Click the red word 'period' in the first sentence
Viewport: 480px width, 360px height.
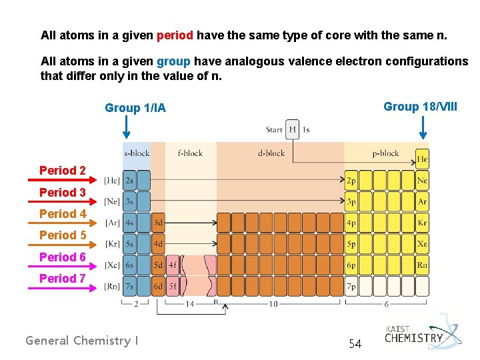point(175,35)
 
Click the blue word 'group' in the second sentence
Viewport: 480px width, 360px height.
point(173,61)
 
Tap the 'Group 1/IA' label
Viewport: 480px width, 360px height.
point(135,108)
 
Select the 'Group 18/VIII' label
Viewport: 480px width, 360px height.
point(420,107)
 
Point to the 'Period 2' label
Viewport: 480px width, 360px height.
point(63,171)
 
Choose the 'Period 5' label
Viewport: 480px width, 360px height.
point(63,235)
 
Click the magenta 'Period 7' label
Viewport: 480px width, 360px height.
point(63,279)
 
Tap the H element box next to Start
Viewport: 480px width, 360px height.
point(292,129)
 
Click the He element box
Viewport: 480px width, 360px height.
point(422,159)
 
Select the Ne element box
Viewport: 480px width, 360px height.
point(422,180)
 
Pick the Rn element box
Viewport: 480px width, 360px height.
point(422,265)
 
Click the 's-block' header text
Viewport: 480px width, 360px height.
point(137,153)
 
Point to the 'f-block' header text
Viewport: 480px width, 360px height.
point(190,153)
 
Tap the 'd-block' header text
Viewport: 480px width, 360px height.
point(271,153)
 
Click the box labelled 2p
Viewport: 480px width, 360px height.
point(351,180)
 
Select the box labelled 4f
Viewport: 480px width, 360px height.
point(173,265)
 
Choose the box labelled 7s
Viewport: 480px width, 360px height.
point(129,287)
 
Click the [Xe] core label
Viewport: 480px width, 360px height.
point(112,265)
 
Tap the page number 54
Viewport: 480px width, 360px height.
point(355,344)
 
